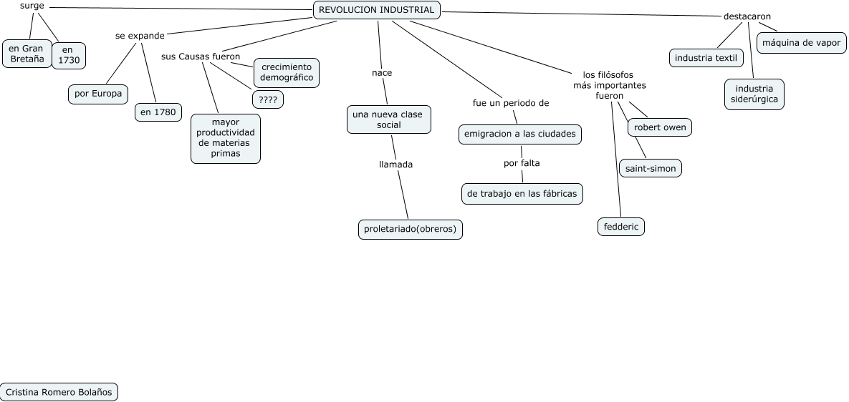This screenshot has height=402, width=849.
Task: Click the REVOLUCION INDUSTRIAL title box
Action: tap(376, 10)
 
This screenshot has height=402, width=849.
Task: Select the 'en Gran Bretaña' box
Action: tap(26, 54)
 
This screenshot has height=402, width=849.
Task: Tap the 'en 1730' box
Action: tap(69, 55)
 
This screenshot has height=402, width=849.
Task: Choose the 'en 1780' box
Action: tap(158, 112)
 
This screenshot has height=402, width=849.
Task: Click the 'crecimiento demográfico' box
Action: tap(287, 72)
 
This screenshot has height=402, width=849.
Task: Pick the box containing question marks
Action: tap(268, 99)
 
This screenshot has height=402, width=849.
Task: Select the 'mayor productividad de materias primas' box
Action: tap(226, 138)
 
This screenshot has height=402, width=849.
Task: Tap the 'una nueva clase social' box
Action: tap(389, 119)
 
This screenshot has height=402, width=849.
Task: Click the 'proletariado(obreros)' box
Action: tap(410, 230)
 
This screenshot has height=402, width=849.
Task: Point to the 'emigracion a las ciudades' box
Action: tap(519, 134)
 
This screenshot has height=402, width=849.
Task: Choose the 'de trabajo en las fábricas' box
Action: tap(522, 194)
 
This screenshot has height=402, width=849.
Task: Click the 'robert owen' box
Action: tap(660, 128)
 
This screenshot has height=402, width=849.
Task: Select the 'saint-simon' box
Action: tap(650, 168)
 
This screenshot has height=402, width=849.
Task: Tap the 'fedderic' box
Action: tap(621, 227)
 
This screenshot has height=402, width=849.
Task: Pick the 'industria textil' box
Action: tap(706, 58)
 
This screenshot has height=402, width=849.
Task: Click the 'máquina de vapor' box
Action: tap(801, 43)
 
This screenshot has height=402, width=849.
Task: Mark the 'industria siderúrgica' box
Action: tap(754, 94)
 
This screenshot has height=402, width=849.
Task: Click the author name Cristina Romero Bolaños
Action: tap(59, 392)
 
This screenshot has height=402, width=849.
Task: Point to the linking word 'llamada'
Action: tap(395, 165)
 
